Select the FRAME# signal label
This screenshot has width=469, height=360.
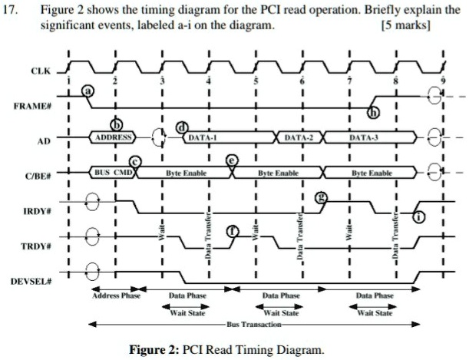pyautogui.click(x=35, y=107)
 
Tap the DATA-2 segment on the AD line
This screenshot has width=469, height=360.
pyautogui.click(x=299, y=137)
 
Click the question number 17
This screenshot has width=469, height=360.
pyautogui.click(x=12, y=11)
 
